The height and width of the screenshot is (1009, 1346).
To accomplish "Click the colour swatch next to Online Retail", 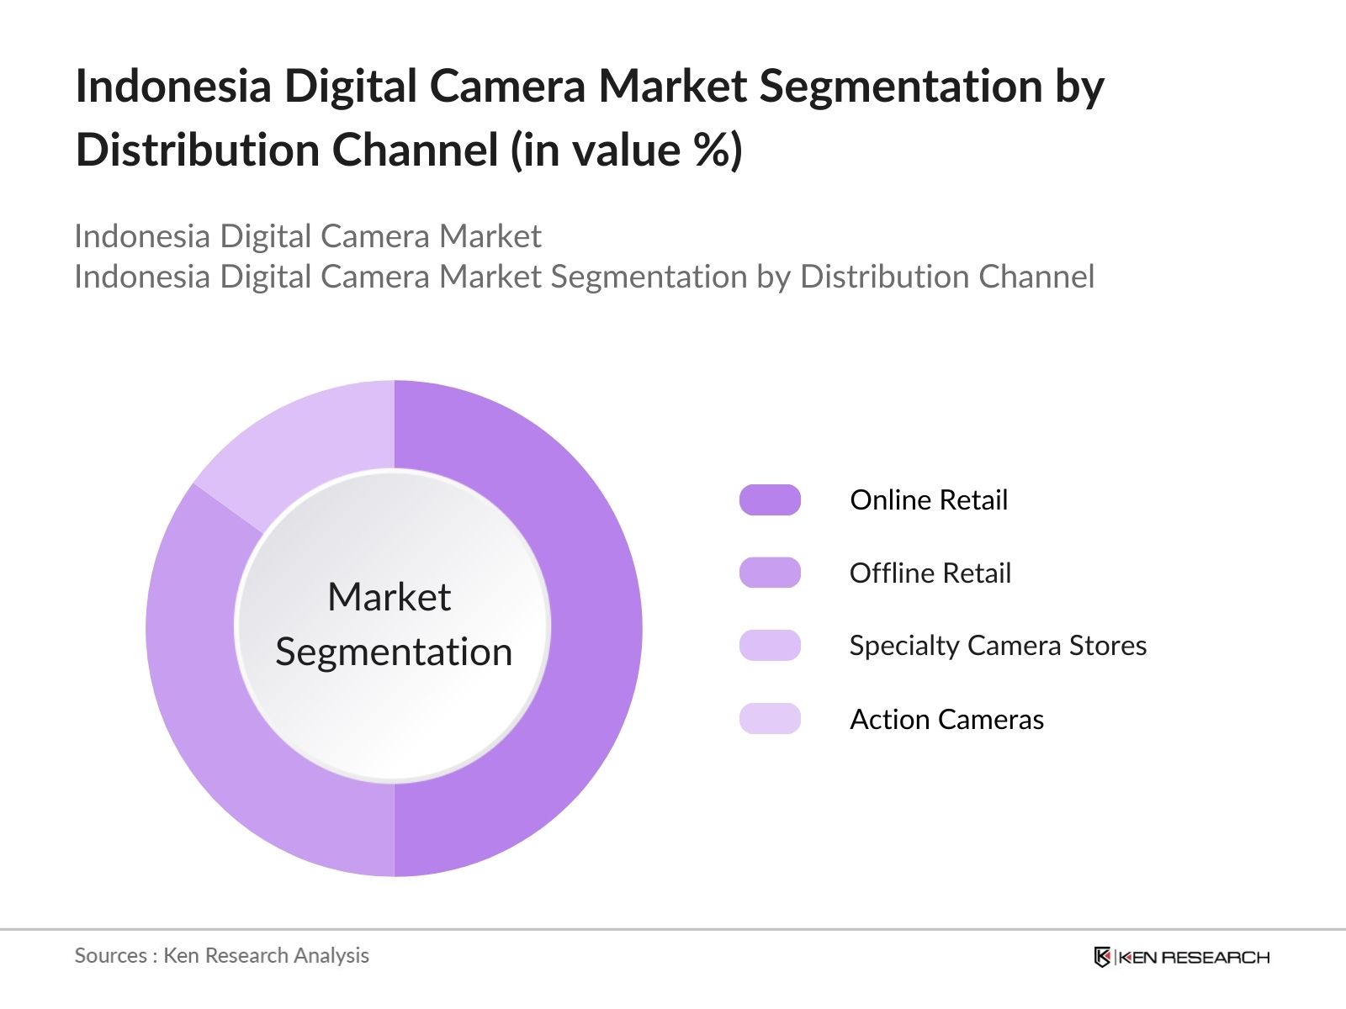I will click(x=770, y=499).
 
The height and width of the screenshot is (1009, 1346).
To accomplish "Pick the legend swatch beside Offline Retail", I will click(x=770, y=573).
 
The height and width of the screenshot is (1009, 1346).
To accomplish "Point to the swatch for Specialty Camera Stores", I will click(x=770, y=646).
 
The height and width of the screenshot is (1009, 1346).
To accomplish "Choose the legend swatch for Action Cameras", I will click(x=770, y=719).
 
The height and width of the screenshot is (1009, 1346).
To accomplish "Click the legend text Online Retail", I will click(x=929, y=500).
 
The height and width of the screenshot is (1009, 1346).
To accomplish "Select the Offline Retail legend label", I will click(x=930, y=573).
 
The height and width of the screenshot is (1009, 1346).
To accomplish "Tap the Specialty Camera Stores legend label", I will click(x=998, y=646).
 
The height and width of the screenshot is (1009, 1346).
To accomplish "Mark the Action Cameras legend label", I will click(x=946, y=720).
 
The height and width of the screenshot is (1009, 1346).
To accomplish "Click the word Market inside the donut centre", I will click(x=389, y=598).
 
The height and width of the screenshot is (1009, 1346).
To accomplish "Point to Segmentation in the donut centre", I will click(x=394, y=652).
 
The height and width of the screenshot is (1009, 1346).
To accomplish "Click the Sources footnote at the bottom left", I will click(x=221, y=955).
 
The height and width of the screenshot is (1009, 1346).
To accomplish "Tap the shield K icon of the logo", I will click(x=1102, y=957).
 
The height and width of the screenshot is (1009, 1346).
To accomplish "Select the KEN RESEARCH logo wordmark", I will click(x=1193, y=957).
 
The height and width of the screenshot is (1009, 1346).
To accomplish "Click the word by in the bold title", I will click(x=1079, y=87).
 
